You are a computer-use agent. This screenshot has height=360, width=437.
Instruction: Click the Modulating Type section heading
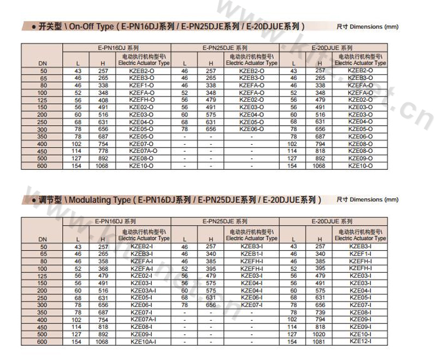click(175, 200)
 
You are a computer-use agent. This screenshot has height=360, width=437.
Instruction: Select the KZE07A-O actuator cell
click(143, 151)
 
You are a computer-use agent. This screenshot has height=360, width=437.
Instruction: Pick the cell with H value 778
click(103, 151)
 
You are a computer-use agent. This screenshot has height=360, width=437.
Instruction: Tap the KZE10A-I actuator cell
click(143, 341)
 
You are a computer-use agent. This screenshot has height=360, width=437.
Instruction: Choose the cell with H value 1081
click(318, 341)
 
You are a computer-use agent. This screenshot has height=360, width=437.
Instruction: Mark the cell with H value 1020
click(318, 334)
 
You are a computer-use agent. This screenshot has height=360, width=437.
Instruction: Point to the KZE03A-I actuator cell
click(143, 290)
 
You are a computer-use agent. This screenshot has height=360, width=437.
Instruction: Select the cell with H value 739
click(318, 312)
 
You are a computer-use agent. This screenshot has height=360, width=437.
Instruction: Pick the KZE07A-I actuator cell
click(143, 319)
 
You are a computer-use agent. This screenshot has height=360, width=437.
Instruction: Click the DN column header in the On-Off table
click(43, 63)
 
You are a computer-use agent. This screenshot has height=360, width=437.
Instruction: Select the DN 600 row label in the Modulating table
click(43, 341)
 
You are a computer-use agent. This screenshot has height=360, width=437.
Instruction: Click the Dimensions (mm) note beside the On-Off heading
click(367, 26)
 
